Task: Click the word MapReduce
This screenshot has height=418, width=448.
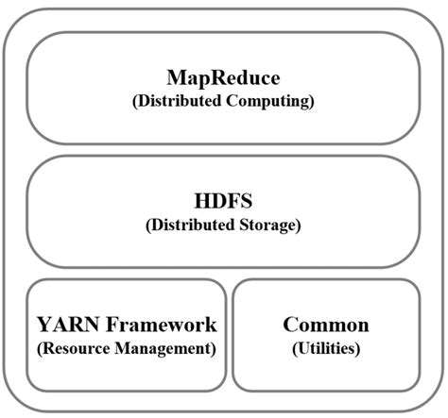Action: pos(223,77)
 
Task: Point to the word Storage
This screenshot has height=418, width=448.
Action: pos(268,226)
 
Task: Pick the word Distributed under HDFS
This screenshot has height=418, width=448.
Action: pos(193,226)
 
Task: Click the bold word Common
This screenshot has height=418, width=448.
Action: pos(326,326)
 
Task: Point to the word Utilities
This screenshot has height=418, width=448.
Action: pos(326,348)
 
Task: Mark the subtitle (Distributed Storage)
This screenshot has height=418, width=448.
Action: pos(223,226)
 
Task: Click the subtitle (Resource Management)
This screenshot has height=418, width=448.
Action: pos(127,348)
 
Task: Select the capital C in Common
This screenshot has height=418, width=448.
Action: pos(290,326)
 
